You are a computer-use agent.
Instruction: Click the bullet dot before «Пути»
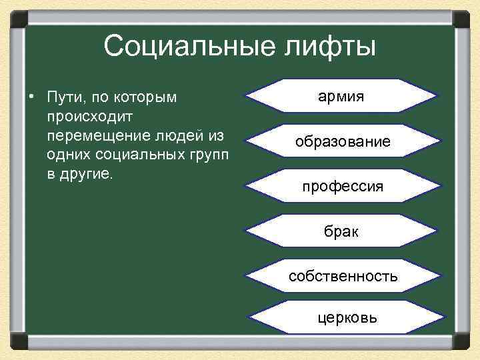(x=31, y=98)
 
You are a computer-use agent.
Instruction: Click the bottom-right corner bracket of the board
(x=461, y=341)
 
